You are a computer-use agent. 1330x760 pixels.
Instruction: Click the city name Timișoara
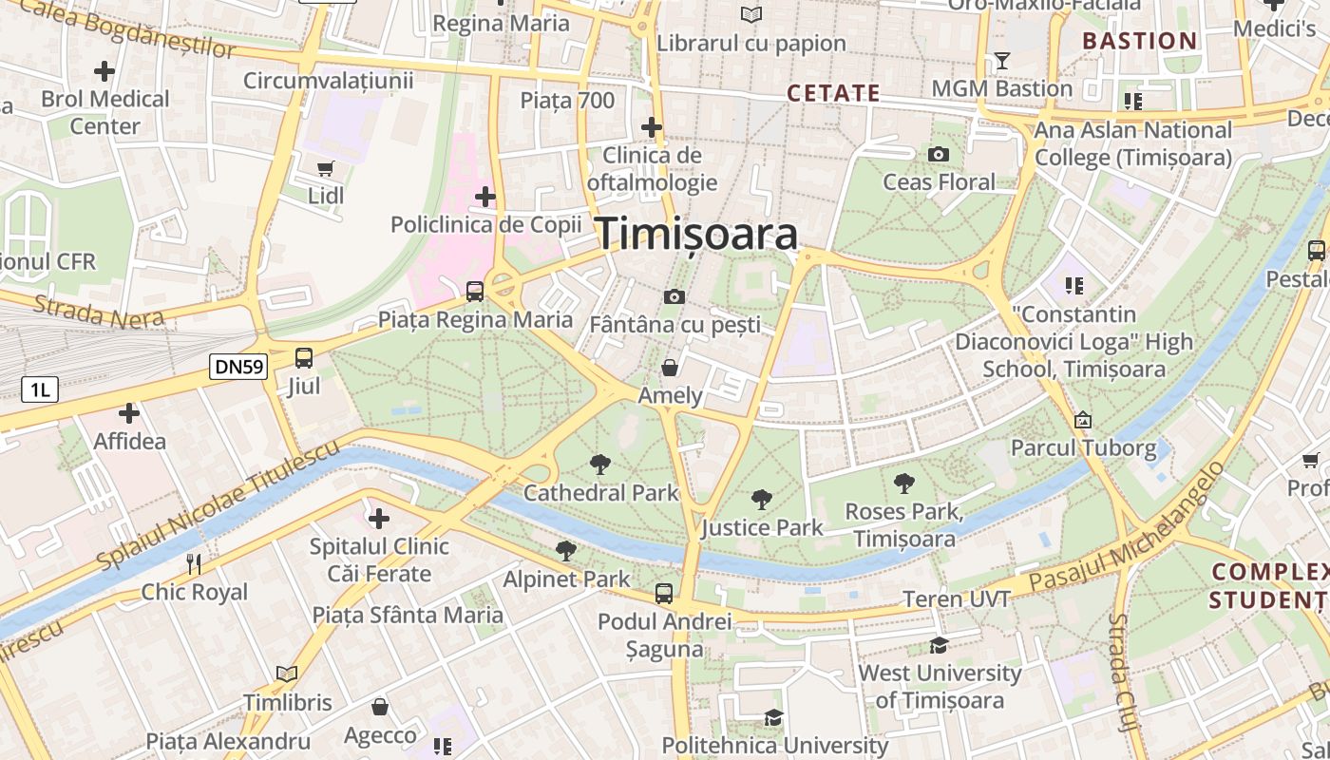pos(696,234)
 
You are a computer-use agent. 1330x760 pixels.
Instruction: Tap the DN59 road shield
pos(238,367)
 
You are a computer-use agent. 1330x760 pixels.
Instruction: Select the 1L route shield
pos(40,389)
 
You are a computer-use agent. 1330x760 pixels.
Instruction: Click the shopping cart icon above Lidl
pos(326,168)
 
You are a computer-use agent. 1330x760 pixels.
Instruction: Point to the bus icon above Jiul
pos(304,358)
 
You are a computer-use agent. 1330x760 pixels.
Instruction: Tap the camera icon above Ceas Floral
pos(939,154)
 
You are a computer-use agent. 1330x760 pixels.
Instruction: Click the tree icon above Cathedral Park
pos(600,465)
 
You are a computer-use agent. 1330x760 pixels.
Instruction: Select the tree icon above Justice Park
pos(761,500)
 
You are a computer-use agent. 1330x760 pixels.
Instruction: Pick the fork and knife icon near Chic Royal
pos(194,563)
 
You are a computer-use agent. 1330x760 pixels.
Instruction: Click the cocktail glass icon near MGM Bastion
pos(1001,62)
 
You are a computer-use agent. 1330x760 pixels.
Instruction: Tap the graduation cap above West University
pos(939,645)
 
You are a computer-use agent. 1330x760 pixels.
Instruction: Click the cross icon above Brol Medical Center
pos(104,71)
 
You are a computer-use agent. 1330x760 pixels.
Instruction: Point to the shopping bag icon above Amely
pos(670,368)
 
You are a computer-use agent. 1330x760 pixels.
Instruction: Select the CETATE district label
pos(833,93)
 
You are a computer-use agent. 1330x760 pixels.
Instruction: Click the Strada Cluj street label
pos(1123,671)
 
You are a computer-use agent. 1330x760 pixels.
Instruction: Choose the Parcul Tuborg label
pos(1083,447)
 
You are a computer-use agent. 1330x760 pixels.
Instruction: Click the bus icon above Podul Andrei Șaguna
pos(664,594)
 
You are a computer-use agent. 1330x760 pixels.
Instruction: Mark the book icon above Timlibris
pos(287,674)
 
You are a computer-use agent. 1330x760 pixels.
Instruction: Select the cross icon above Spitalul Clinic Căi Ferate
pos(379,519)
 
